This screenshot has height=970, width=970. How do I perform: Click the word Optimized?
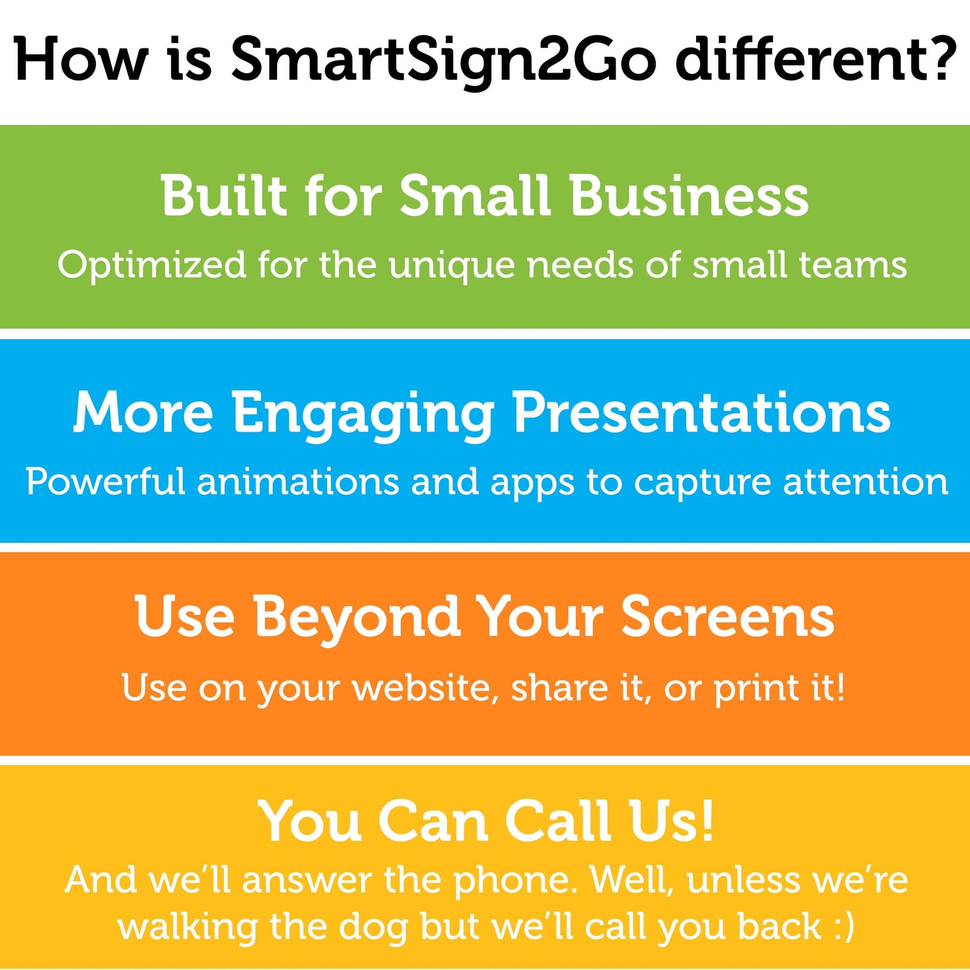(152, 266)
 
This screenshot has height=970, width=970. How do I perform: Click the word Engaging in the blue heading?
(363, 414)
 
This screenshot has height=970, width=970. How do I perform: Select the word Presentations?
(701, 412)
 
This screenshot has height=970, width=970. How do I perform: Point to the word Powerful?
(105, 482)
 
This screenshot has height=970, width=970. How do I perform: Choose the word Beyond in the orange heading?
(356, 618)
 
